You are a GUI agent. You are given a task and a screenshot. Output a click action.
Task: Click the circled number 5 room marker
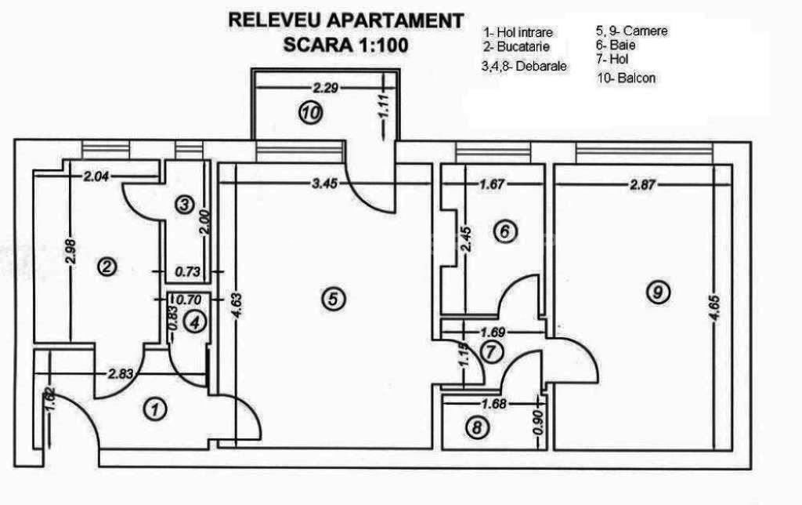pyautogui.click(x=333, y=299)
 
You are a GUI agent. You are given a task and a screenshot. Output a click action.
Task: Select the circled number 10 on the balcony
pyautogui.click(x=310, y=112)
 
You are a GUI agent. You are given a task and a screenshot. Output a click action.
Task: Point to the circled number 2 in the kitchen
pyautogui.click(x=107, y=267)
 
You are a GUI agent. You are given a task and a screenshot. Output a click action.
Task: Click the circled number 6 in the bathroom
pyautogui.click(x=505, y=231)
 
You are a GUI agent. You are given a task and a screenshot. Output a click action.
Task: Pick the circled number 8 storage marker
pyautogui.click(x=477, y=427)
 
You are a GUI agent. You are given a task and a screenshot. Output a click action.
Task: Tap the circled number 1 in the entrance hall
pyautogui.click(x=156, y=409)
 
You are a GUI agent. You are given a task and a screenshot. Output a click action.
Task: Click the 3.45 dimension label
pyautogui.click(x=325, y=183)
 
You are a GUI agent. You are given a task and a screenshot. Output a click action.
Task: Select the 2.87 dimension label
pyautogui.click(x=642, y=183)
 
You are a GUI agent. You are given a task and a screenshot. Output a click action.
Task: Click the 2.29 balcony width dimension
pyautogui.click(x=326, y=88)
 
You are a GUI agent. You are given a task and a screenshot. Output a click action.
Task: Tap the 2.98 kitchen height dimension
pyautogui.click(x=71, y=252)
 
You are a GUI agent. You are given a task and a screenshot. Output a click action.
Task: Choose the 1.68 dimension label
pyautogui.click(x=493, y=404)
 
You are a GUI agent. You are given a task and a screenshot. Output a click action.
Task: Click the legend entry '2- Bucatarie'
pyautogui.click(x=517, y=46)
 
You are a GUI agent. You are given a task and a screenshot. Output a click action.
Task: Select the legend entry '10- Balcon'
pyautogui.click(x=627, y=78)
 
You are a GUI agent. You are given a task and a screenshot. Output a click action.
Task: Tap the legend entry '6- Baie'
pyautogui.click(x=616, y=45)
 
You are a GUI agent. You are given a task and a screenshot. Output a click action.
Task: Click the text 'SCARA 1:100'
pyautogui.click(x=345, y=45)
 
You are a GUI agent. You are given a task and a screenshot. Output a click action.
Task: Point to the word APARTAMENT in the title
pyautogui.click(x=395, y=20)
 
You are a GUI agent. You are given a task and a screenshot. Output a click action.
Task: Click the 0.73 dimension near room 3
pyautogui.click(x=188, y=271)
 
